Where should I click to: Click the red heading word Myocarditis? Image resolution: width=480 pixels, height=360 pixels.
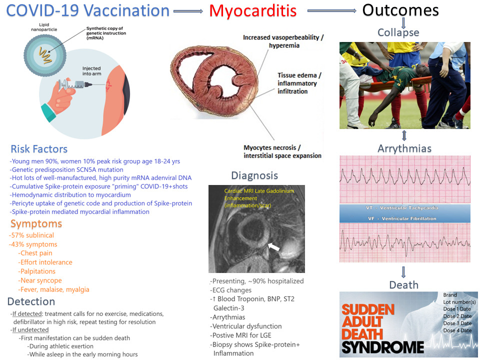[253, 11]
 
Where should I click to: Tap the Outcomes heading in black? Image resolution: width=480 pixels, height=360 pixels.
[400, 10]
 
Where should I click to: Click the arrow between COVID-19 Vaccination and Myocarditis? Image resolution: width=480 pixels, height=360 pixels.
[188, 11]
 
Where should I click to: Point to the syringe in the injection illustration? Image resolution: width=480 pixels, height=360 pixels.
[75, 84]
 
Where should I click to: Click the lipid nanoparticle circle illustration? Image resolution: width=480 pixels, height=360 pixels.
[45, 55]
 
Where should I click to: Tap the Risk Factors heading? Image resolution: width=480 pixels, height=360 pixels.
[39, 149]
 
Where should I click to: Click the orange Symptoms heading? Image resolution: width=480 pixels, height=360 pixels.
[36, 224]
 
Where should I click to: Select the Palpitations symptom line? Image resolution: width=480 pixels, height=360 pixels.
[37, 271]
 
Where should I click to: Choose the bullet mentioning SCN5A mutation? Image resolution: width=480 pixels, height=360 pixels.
[66, 169]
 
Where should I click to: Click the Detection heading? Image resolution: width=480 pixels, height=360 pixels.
[31, 301]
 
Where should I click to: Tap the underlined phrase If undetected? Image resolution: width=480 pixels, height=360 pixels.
[30, 329]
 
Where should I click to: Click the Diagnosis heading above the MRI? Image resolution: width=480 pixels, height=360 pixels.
[254, 175]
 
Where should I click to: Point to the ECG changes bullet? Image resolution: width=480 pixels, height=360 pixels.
[231, 290]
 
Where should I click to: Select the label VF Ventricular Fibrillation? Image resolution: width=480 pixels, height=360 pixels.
[402, 218]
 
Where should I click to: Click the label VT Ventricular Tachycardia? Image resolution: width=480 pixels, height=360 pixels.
[402, 208]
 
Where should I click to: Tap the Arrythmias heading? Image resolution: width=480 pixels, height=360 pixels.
[404, 148]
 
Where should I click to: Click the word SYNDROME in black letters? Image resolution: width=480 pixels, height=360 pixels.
[383, 348]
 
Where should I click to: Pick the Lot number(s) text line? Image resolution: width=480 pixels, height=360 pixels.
[459, 302]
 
